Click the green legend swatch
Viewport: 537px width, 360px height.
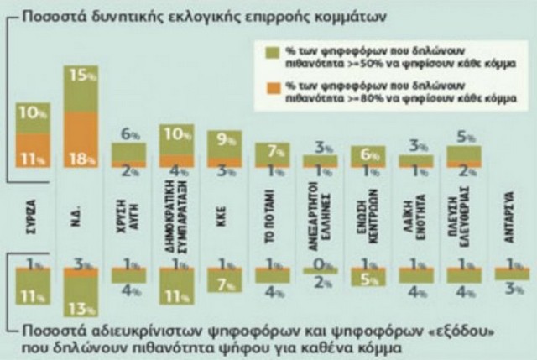pos(270,54)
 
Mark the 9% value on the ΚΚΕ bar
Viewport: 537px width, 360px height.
pos(224,141)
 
